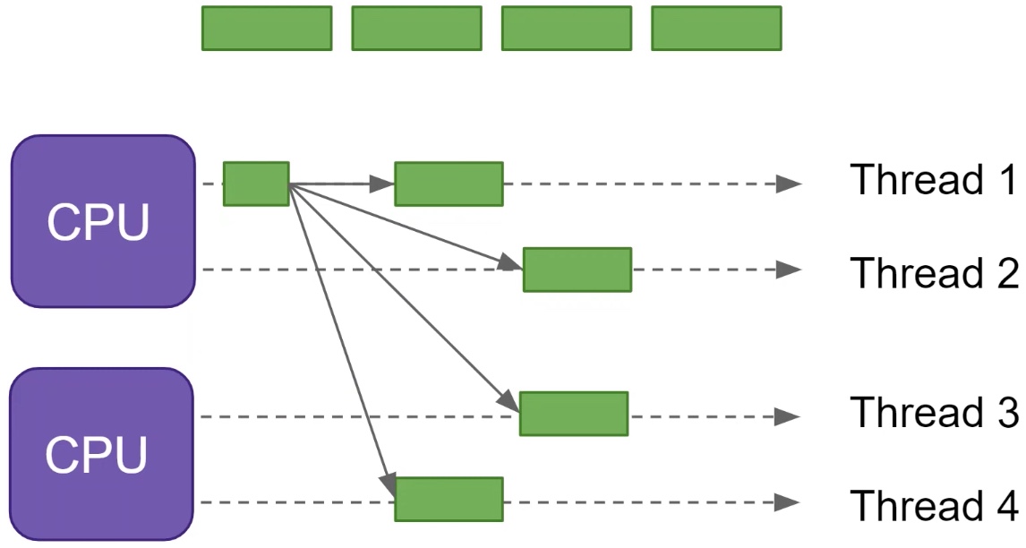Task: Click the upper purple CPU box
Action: (x=103, y=221)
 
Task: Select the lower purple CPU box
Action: (x=102, y=454)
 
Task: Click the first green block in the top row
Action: (x=267, y=28)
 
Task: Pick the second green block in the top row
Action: (x=417, y=28)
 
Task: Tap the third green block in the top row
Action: (x=567, y=28)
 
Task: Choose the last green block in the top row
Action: (x=716, y=28)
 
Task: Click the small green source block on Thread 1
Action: (x=256, y=184)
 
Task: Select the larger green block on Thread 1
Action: (x=449, y=184)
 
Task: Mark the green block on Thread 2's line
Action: (x=577, y=270)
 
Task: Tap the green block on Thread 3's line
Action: (x=574, y=414)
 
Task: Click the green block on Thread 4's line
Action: (x=449, y=500)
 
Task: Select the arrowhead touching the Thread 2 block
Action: (x=512, y=264)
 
